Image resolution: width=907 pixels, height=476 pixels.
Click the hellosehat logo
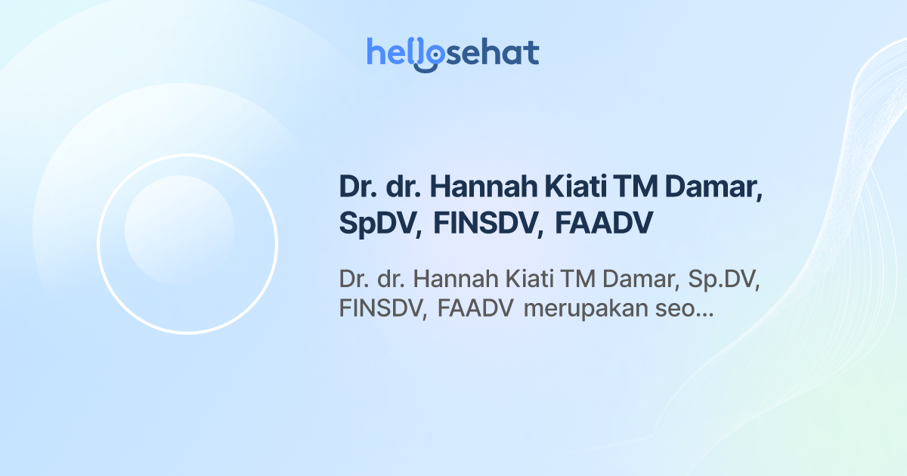click(453, 54)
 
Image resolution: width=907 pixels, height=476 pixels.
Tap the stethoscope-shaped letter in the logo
click(427, 55)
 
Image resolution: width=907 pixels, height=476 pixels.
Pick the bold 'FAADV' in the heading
click(603, 224)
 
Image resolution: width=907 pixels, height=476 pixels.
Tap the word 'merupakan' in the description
click(586, 309)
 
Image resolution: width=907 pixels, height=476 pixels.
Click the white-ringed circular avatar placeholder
click(187, 244)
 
